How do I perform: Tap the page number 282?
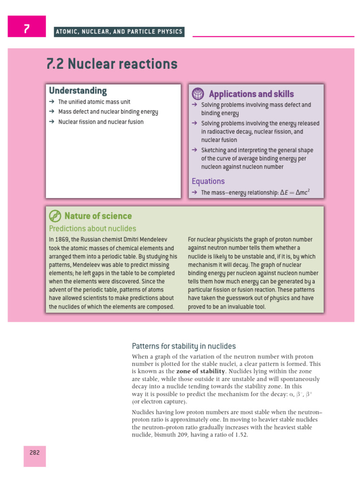pos(34,452)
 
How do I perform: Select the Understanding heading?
pos(78,91)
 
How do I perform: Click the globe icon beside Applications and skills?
pos(198,93)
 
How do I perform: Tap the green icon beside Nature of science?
pos(55,216)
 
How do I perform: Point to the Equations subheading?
pos(208,181)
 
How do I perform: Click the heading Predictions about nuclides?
pos(92,228)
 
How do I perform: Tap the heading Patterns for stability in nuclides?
pos(184,346)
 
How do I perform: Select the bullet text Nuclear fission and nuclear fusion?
pos(101,122)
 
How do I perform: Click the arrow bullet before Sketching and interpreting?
pos(194,150)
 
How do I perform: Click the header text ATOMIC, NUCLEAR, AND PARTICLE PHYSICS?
pos(118,32)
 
